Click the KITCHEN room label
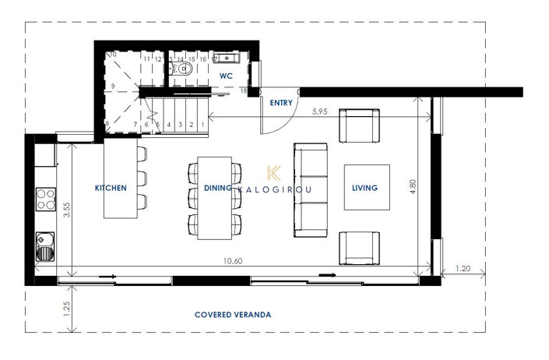click(x=111, y=188)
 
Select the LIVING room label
click(x=364, y=188)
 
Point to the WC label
click(x=226, y=76)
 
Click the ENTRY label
click(x=280, y=103)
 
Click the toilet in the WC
click(x=184, y=69)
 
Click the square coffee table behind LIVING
click(x=367, y=188)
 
